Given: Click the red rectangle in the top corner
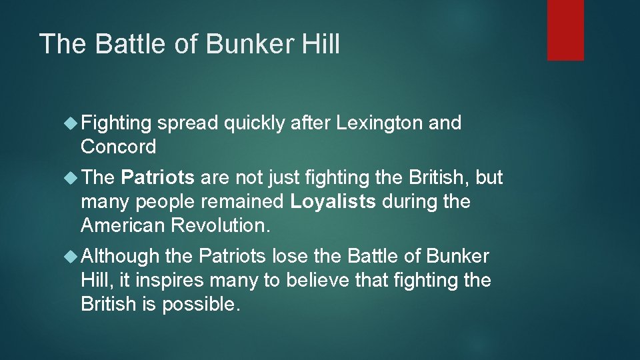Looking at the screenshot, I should (565, 30).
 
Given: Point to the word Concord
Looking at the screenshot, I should (118, 146).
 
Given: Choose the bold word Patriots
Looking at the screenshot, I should (158, 178).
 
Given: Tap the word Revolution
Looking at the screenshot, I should (221, 225).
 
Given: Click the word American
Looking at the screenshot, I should (123, 225).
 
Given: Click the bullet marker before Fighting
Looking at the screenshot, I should (71, 123).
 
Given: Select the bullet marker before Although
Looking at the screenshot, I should (71, 256).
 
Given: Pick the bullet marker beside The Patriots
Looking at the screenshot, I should (71, 178).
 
